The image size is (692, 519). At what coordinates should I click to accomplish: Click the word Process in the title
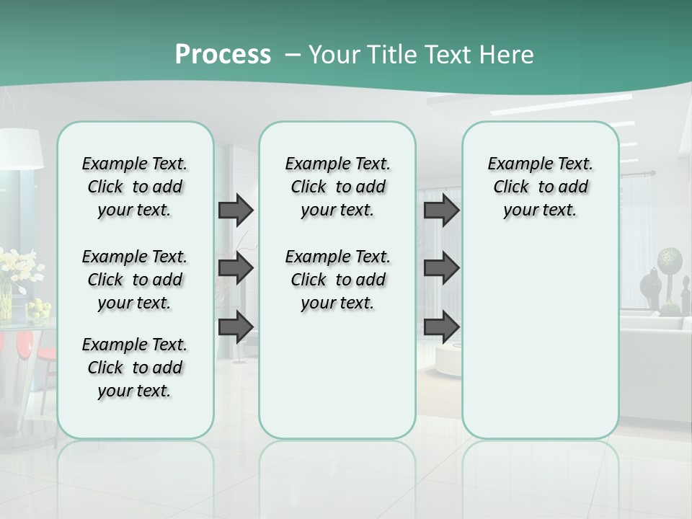[x=223, y=55]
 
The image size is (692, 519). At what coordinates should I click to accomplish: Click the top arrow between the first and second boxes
[x=236, y=210]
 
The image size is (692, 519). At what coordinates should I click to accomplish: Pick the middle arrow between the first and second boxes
[x=236, y=268]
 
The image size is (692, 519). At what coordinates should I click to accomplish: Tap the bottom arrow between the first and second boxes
[x=236, y=327]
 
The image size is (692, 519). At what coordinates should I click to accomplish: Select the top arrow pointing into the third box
[x=441, y=210]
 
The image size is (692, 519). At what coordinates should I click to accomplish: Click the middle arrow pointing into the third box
[x=441, y=268]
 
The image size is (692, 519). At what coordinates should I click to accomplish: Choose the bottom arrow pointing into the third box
[x=441, y=327]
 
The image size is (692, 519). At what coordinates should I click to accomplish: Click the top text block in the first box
[x=135, y=187]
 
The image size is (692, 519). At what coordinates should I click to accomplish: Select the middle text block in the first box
[x=135, y=280]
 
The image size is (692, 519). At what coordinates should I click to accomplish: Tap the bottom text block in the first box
[x=135, y=368]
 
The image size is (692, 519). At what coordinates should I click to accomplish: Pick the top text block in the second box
[x=337, y=187]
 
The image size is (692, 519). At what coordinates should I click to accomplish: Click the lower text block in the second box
[x=337, y=280]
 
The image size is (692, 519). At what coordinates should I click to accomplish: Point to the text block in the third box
[x=540, y=187]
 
